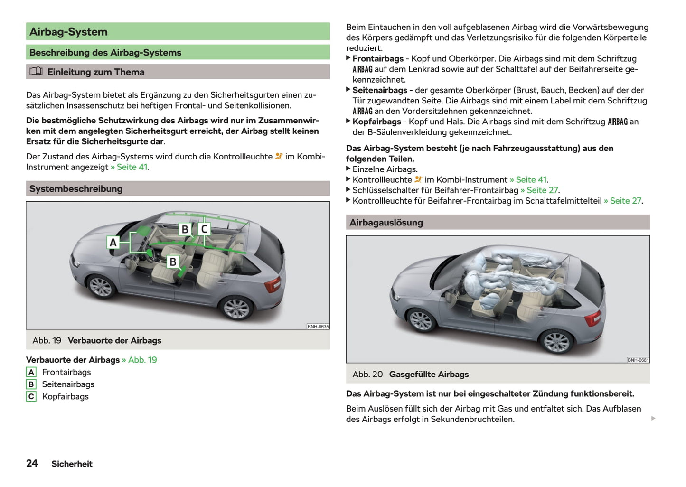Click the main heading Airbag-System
point(68,32)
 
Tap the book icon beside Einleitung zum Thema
point(36,72)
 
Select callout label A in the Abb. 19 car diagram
point(113,243)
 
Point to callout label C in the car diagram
point(204,229)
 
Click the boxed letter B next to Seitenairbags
point(31,384)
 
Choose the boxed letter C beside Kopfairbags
point(31,397)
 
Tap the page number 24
point(32,463)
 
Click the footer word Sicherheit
point(72,464)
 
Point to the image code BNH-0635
point(318,327)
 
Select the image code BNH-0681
point(638,360)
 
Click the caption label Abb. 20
point(367,375)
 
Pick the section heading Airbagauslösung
point(386,223)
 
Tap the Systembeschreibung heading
point(76,189)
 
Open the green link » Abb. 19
point(140,360)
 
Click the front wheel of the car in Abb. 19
point(101,287)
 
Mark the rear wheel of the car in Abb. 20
point(556,340)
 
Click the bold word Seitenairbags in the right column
point(380,90)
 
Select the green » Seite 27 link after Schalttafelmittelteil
point(623,201)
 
